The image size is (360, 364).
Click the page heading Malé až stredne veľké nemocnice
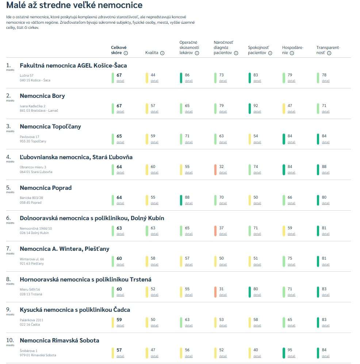tap(74, 6)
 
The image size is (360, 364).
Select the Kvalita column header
tap(152, 53)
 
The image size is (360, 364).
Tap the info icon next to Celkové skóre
tap(126, 53)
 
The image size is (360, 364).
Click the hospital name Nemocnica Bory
tap(42, 96)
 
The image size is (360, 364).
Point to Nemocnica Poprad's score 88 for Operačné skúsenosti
tap(187, 198)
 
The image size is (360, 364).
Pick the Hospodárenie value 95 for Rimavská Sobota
tap(290, 350)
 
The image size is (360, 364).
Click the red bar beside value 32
tap(215, 169)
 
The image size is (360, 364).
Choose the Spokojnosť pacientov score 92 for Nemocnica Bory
tap(256, 106)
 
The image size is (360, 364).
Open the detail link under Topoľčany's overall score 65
tap(120, 142)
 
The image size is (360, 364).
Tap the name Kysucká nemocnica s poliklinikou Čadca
tap(75, 310)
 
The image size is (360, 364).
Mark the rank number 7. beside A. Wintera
tap(8, 248)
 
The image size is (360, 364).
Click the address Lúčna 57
tap(27, 75)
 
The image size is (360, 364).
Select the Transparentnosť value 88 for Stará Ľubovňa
tap(324, 167)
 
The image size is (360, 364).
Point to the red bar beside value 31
tap(215, 292)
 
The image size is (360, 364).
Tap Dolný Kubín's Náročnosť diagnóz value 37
tap(221, 228)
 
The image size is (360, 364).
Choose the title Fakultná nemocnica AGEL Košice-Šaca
tap(73, 65)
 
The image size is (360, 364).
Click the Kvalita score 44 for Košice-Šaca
tap(153, 75)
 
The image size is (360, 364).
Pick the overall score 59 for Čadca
tap(119, 319)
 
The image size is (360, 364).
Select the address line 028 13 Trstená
tap(31, 294)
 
